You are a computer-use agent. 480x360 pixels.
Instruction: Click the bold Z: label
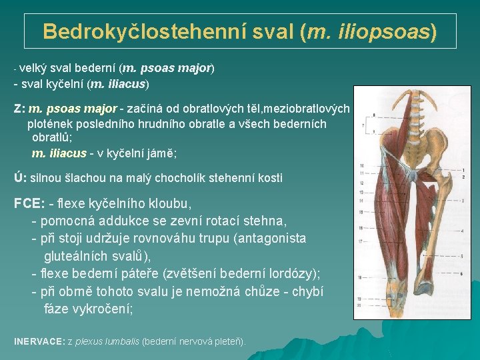(19, 108)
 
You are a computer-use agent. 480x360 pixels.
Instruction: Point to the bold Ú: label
(20, 178)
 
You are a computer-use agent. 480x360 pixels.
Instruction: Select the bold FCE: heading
(29, 203)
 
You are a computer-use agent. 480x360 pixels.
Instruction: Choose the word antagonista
(273, 238)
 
